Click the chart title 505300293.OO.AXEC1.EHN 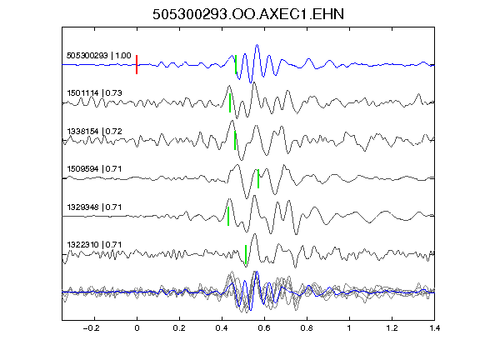click(248, 14)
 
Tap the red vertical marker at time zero click(137, 65)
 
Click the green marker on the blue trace click(236, 65)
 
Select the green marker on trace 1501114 click(230, 102)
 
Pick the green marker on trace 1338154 click(235, 140)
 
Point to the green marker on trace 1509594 click(258, 178)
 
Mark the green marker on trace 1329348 click(228, 216)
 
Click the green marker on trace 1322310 click(246, 254)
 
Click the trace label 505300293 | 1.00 click(99, 55)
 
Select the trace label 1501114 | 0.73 click(94, 92)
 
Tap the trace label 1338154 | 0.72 click(94, 132)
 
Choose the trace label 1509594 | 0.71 click(94, 169)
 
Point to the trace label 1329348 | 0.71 click(94, 207)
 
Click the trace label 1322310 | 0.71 click(94, 245)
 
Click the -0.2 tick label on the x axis click(92, 328)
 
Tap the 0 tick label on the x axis click(137, 328)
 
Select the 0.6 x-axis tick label click(264, 328)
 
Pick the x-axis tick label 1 click(349, 328)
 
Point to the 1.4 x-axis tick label click(434, 328)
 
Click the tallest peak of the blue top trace click(257, 45)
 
